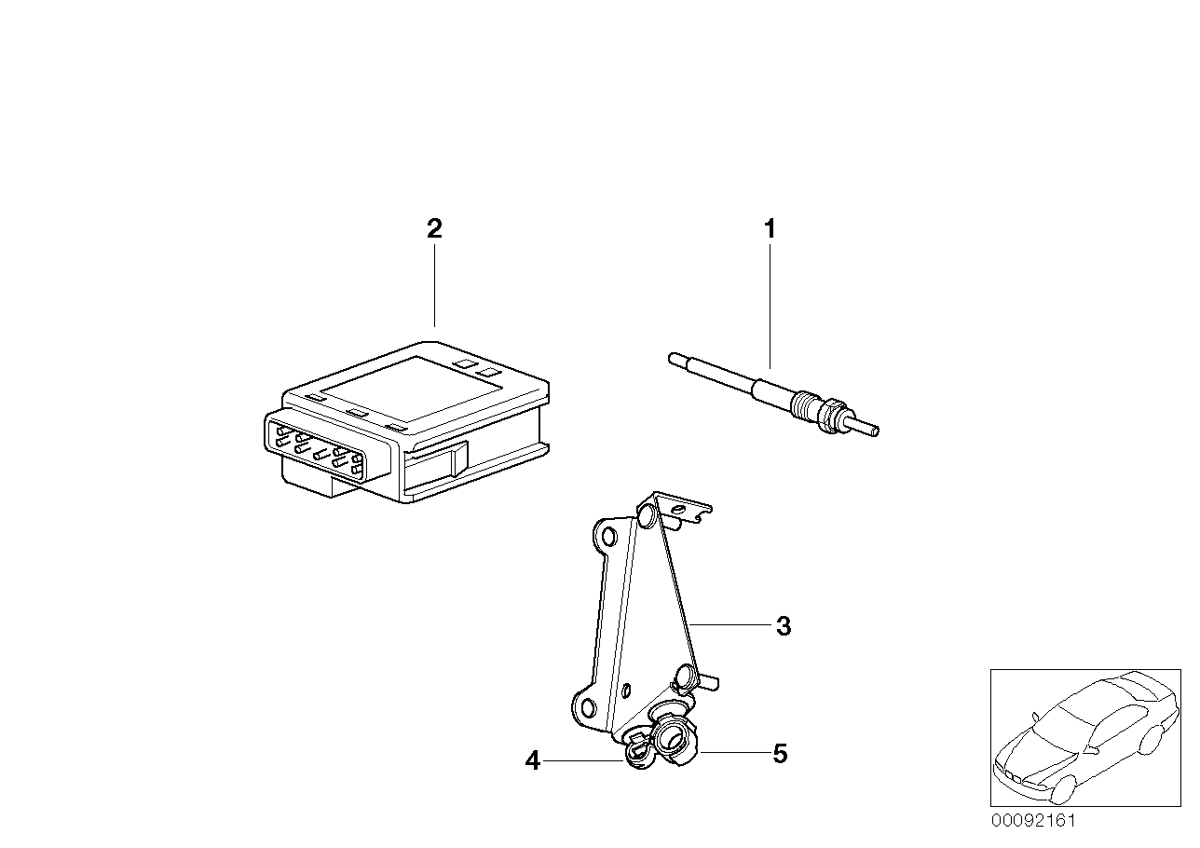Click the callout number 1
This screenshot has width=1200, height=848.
pyautogui.click(x=770, y=229)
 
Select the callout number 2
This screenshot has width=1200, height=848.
pyautogui.click(x=434, y=229)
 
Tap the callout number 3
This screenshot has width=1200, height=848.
pyautogui.click(x=784, y=626)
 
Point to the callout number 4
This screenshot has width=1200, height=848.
pyautogui.click(x=533, y=760)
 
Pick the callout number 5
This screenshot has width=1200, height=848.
pyautogui.click(x=780, y=754)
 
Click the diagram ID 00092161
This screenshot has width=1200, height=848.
pyautogui.click(x=1033, y=821)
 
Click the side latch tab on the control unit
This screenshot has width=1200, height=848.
pyautogui.click(x=459, y=458)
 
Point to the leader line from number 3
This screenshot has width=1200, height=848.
pyautogui.click(x=730, y=624)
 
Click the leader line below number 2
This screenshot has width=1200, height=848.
pyautogui.click(x=434, y=285)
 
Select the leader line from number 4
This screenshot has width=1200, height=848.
pyautogui.click(x=583, y=760)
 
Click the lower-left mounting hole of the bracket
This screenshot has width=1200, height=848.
pyautogui.click(x=588, y=708)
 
